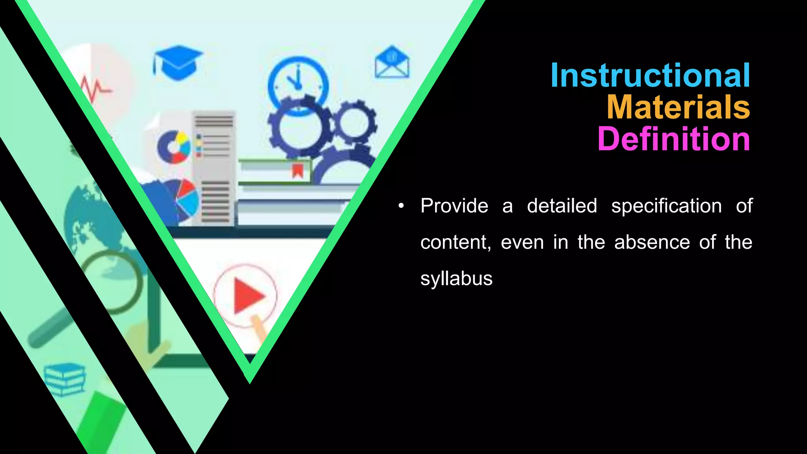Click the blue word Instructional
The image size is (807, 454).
tap(650, 75)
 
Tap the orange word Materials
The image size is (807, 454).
tap(678, 107)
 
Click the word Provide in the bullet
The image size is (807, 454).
tap(454, 206)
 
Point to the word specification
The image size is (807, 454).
tap(666, 206)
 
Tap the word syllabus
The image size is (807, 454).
tap(456, 279)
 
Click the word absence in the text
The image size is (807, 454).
tap(652, 242)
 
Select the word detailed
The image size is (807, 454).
tap(562, 206)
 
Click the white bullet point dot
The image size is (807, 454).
tap(401, 206)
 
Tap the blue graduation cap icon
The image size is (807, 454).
tap(178, 62)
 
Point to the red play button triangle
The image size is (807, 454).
tap(247, 296)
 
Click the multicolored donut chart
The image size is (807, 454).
tap(174, 147)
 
